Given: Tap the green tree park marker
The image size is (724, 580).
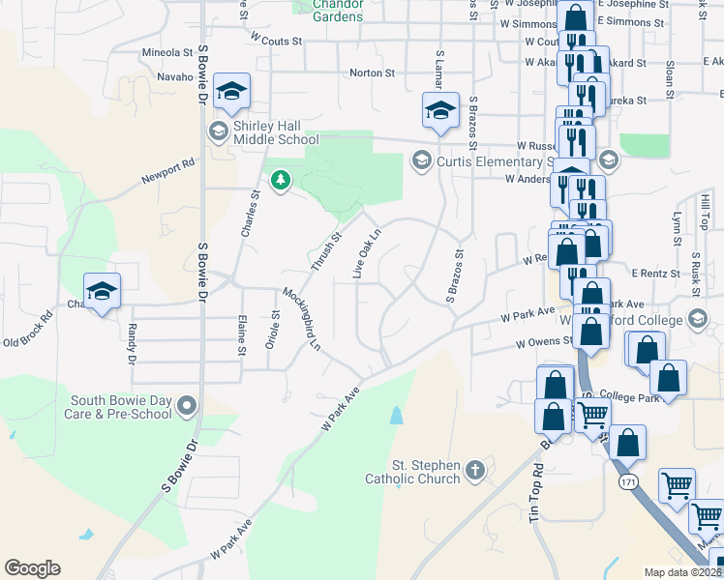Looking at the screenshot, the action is pos(281,180).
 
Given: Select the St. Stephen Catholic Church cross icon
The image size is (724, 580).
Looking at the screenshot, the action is pos(474,470).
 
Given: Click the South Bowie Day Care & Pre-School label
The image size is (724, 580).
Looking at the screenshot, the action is pos(122,407).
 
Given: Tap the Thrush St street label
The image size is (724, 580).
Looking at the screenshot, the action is pos(326,250).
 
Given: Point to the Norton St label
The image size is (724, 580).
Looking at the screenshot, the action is pos(372,72).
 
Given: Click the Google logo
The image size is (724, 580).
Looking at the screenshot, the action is pos(32,567).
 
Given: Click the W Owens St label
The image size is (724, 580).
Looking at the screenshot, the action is pos(546,342).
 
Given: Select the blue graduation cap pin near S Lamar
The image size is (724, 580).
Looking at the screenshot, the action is pos(439,110).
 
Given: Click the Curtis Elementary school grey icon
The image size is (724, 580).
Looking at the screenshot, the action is pos(420,159).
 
